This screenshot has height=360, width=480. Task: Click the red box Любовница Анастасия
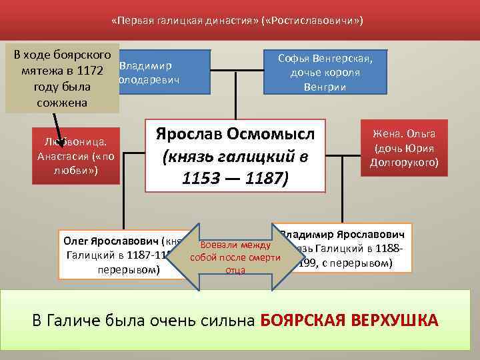(75, 155)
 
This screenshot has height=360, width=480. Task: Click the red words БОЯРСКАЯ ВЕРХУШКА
(349, 320)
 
